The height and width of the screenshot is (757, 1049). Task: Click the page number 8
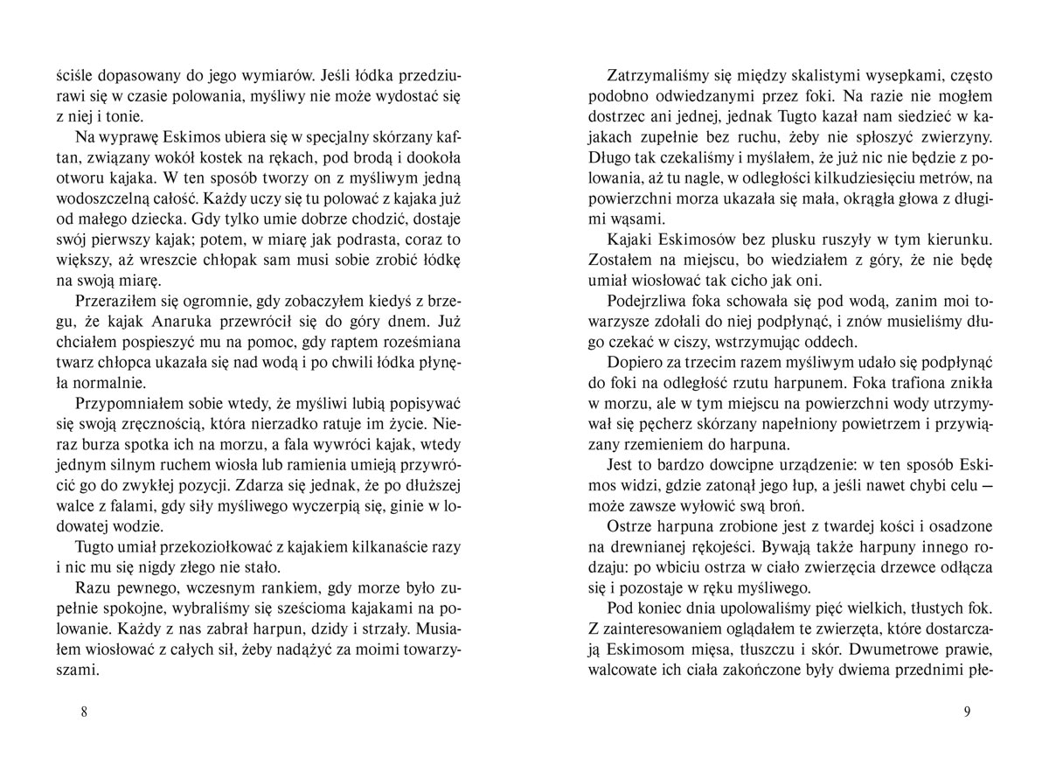(x=83, y=711)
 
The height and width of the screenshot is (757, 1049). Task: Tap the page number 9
(x=967, y=711)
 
